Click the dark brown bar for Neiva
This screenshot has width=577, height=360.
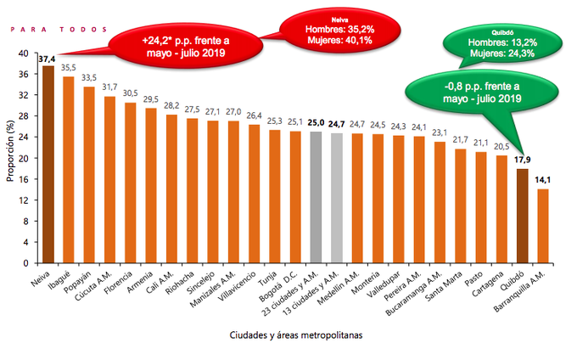[x=48, y=165]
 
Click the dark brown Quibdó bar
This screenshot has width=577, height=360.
[x=523, y=217]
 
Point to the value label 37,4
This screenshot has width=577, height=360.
[x=48, y=58]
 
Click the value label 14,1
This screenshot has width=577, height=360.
[x=543, y=180]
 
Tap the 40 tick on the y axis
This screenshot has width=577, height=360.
[x=24, y=53]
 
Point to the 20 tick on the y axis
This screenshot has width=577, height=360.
[x=24, y=158]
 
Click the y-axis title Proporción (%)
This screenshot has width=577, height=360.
[x=9, y=158]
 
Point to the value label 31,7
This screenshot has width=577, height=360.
[x=109, y=87]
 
